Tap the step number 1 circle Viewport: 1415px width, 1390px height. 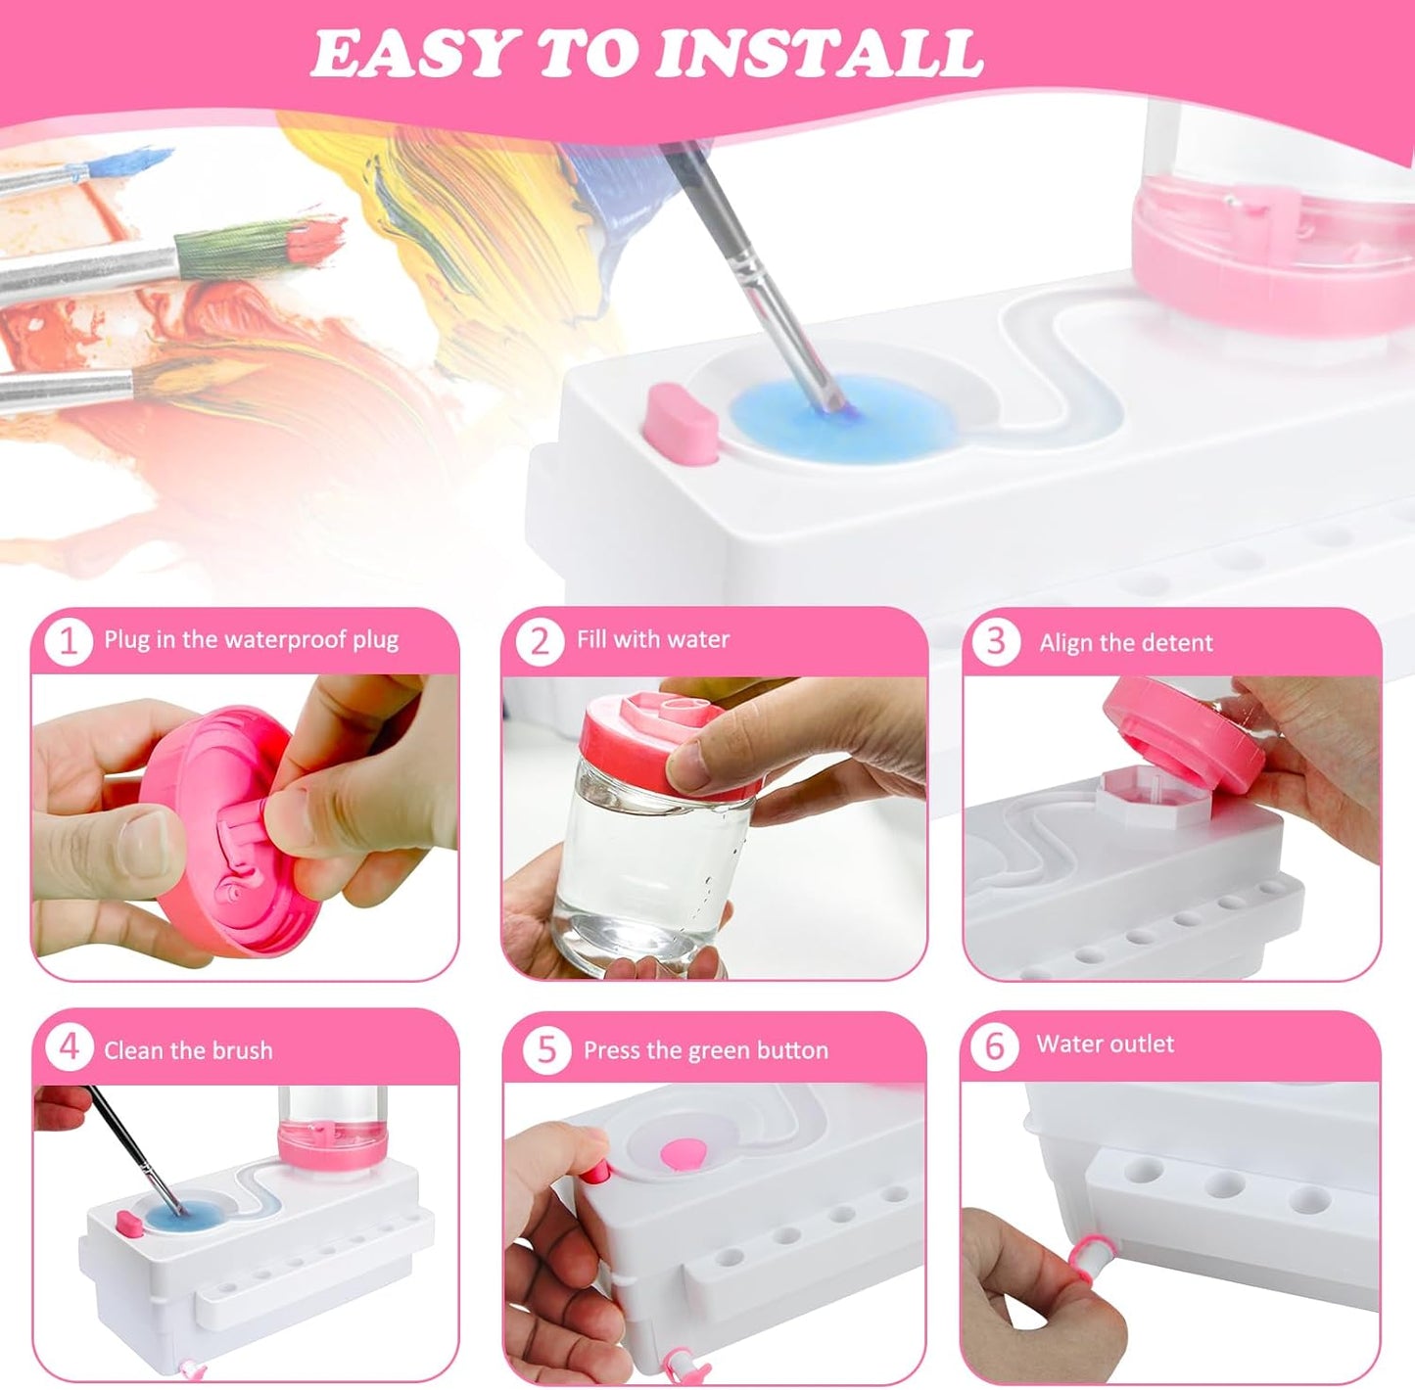(x=68, y=642)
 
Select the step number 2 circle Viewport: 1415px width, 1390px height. (x=540, y=642)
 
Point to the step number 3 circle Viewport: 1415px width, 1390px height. (x=996, y=642)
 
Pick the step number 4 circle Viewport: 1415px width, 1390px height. (x=68, y=1048)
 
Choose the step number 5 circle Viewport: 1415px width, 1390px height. (x=545, y=1050)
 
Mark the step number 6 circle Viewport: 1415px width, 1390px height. (x=994, y=1046)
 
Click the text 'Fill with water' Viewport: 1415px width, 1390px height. (x=653, y=640)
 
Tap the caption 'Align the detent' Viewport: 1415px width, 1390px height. (x=1125, y=643)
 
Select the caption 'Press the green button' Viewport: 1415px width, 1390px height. (x=705, y=1051)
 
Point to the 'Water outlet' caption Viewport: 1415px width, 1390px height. (x=1105, y=1044)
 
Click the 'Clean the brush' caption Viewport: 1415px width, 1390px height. (x=188, y=1051)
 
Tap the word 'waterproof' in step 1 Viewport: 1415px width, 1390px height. (x=285, y=640)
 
